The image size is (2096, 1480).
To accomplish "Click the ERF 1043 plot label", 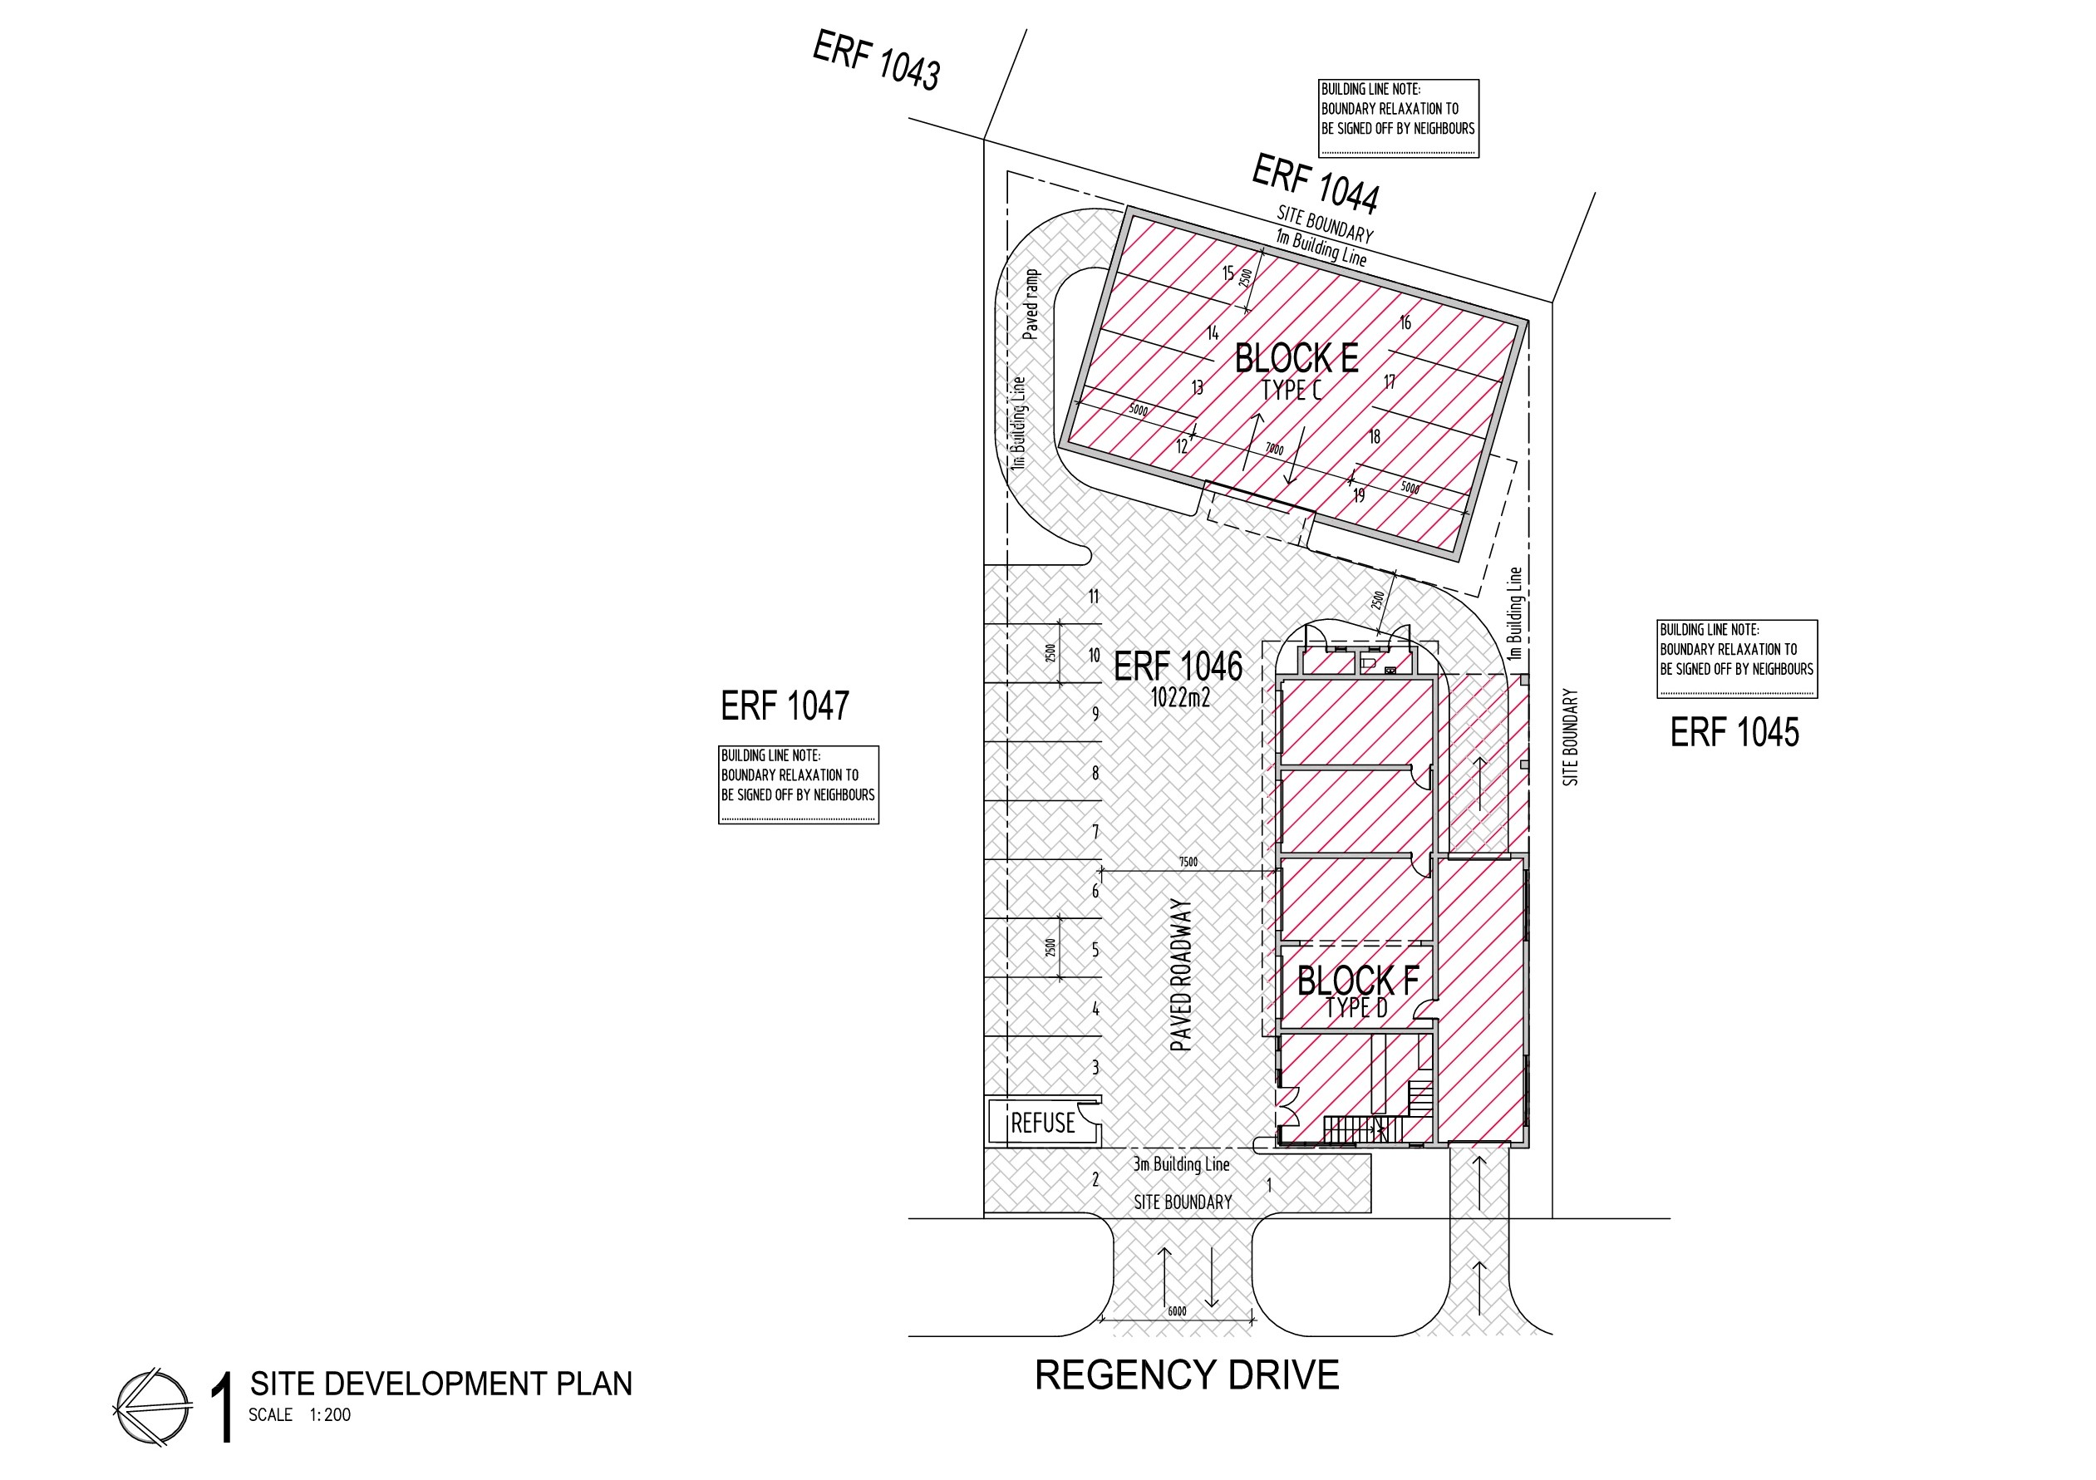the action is coord(876,61).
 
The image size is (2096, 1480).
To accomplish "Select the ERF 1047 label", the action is coord(785,706).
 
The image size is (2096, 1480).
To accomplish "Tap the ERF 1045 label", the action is coord(1734,732).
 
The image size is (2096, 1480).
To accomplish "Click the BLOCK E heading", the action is coord(1296,358).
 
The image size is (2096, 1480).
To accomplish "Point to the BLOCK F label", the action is coord(1357,981).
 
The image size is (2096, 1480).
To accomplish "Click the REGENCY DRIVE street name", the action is coord(1187,1375).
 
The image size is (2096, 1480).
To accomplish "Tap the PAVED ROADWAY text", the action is coord(1181,975).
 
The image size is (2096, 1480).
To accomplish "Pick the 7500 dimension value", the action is coord(1188,862).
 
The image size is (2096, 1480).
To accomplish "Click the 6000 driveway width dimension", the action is coord(1178,1312).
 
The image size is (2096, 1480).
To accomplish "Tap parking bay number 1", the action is coord(1269,1185).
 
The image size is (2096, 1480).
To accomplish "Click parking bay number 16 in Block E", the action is coord(1405,322).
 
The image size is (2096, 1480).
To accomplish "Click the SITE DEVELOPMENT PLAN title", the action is coord(441,1384).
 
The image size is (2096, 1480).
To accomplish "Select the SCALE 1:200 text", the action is coord(299,1415).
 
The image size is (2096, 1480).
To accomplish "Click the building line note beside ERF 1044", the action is coord(1399,118).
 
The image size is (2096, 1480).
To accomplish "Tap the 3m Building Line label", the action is coord(1181,1164).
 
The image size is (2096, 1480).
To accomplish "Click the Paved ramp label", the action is coord(1031,304).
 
